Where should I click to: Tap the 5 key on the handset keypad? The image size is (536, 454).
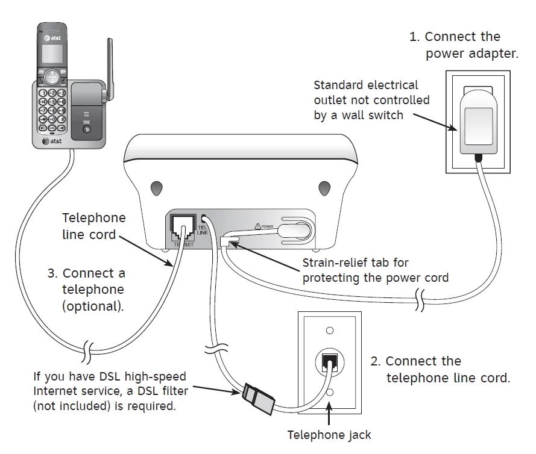(52, 102)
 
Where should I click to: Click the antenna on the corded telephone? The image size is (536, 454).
(110, 66)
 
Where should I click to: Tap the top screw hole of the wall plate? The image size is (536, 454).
(330, 331)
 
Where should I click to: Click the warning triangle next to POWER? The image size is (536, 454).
(257, 226)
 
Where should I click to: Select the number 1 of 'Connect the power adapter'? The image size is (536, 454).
(414, 37)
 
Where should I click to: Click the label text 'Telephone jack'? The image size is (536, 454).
(329, 435)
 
